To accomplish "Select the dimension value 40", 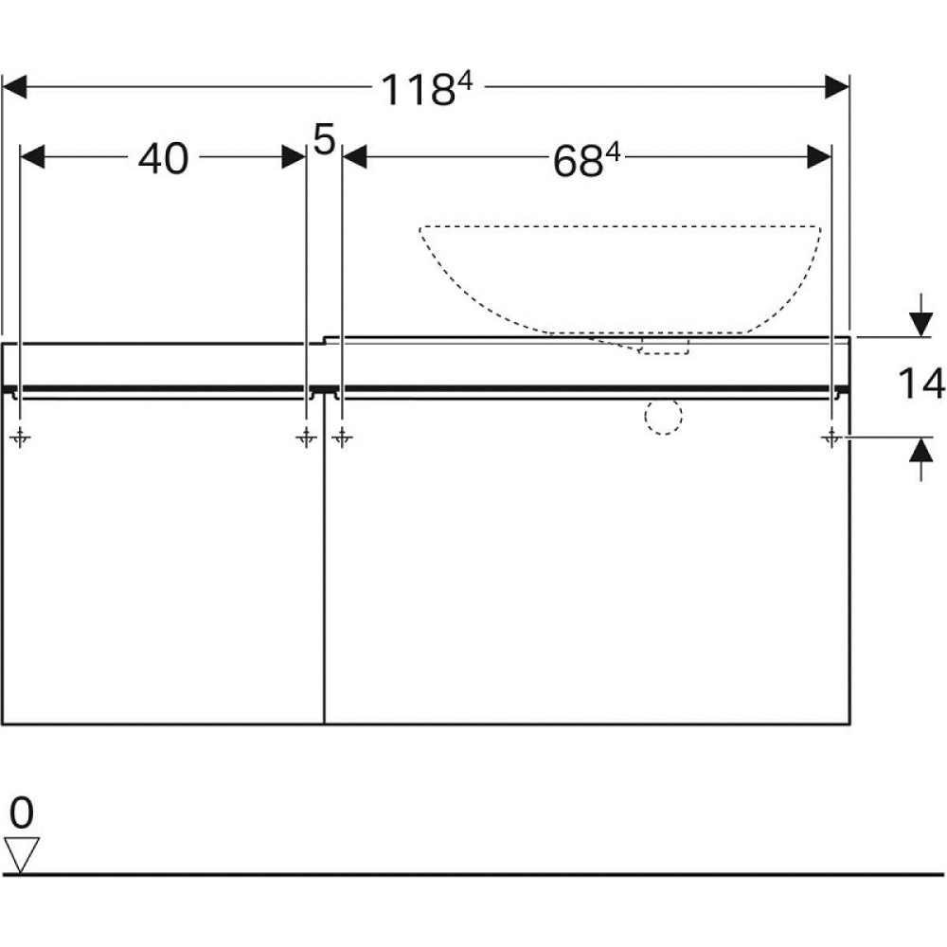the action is tap(163, 159).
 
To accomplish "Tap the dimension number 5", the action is tap(324, 139).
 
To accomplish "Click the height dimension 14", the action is tap(921, 384).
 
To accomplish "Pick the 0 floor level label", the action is tap(22, 813).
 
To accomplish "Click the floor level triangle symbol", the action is tap(22, 854).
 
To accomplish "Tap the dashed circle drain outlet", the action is tap(663, 416).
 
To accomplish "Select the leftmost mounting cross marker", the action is tap(20, 437).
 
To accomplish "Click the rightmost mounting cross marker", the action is tap(831, 437).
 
